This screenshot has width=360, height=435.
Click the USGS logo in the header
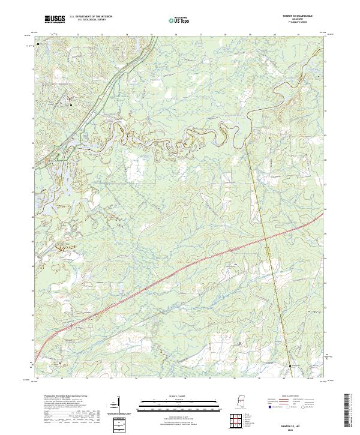click(x=55, y=20)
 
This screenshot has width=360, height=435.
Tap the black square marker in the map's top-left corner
click(x=38, y=44)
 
